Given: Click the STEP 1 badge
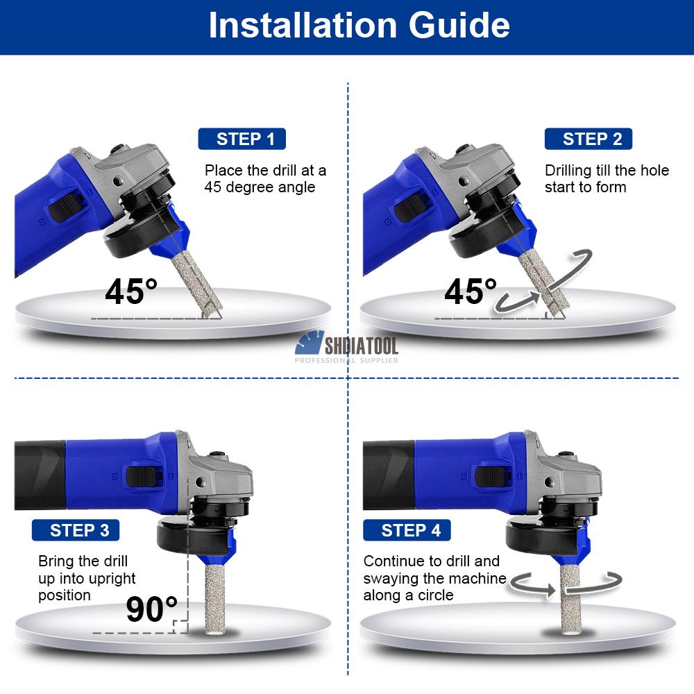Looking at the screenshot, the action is coord(242,139).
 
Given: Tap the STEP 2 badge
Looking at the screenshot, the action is coord(589,139).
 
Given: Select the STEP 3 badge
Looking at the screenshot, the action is coord(76,530).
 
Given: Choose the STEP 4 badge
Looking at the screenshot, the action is coord(407,530).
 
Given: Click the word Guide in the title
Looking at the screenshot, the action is coord(459,25).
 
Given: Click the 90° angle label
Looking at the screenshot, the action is coord(151,609).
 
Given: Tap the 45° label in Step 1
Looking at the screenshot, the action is coord(131,291).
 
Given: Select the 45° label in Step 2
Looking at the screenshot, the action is coord(470,291).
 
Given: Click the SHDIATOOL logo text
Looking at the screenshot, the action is coord(362,346).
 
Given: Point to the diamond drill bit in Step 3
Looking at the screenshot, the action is coord(216,598).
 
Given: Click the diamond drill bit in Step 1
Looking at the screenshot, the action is coord(197,284).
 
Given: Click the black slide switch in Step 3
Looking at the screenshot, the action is coord(142,476).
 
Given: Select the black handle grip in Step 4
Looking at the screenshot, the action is coord(389,475).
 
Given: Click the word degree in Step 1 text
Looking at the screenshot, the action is coord(248,187).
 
